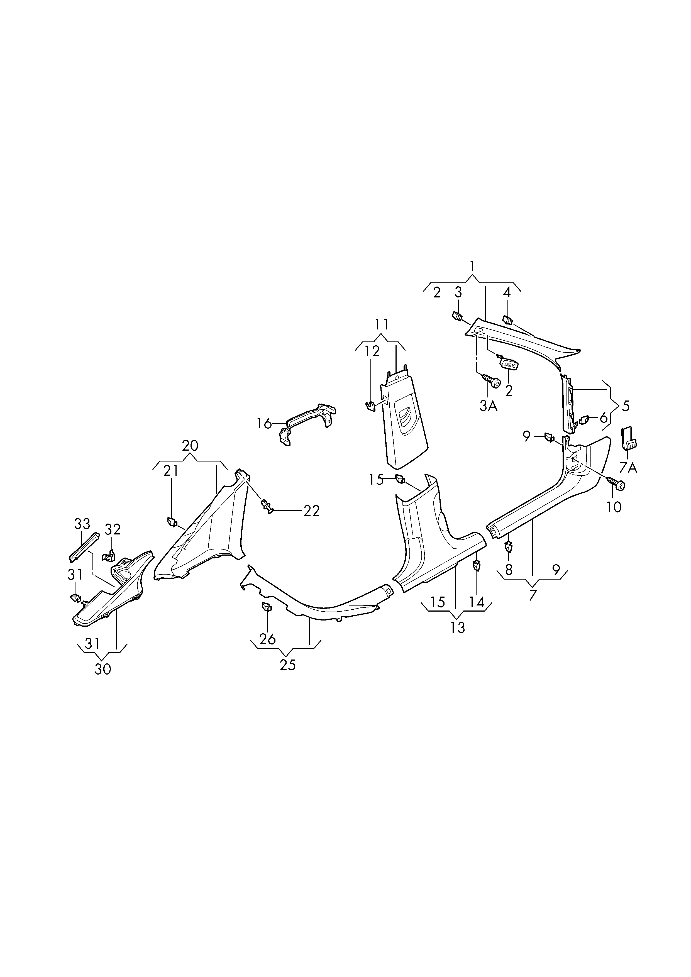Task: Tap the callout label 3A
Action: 489,406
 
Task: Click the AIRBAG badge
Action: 509,365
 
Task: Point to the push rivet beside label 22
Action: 267,507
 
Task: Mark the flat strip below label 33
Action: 84,547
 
